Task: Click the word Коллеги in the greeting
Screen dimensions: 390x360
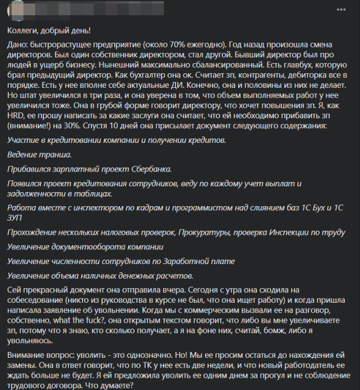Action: point(23,30)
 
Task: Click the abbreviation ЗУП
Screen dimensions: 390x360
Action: point(18,218)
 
